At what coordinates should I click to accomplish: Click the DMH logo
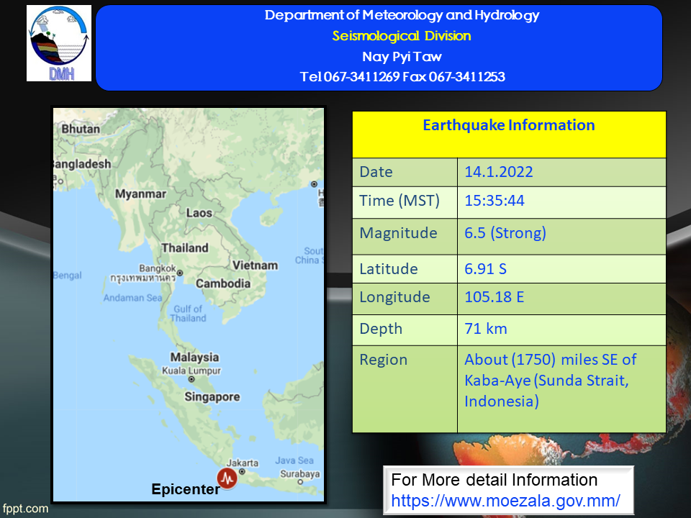(59, 43)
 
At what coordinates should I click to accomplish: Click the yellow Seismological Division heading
(402, 36)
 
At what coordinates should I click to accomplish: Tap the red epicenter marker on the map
(227, 478)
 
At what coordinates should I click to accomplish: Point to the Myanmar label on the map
(140, 194)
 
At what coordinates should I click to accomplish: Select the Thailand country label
(185, 248)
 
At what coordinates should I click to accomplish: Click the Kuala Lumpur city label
(191, 371)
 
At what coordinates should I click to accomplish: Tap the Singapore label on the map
(212, 397)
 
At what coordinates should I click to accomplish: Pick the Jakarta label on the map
(243, 463)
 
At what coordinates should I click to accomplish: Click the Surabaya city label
(299, 474)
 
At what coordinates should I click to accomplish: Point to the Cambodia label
(223, 283)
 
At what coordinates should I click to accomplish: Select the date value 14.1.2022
(498, 172)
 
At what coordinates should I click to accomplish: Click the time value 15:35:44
(494, 201)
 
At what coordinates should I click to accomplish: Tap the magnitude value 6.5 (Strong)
(505, 232)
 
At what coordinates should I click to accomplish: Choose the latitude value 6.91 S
(485, 268)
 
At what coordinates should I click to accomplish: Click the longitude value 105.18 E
(494, 297)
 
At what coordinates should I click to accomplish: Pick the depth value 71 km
(486, 329)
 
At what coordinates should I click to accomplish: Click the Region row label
(384, 360)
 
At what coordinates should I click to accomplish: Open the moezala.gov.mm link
(505, 501)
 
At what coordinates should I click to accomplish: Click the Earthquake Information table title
(509, 125)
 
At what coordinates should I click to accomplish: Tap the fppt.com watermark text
(25, 509)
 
